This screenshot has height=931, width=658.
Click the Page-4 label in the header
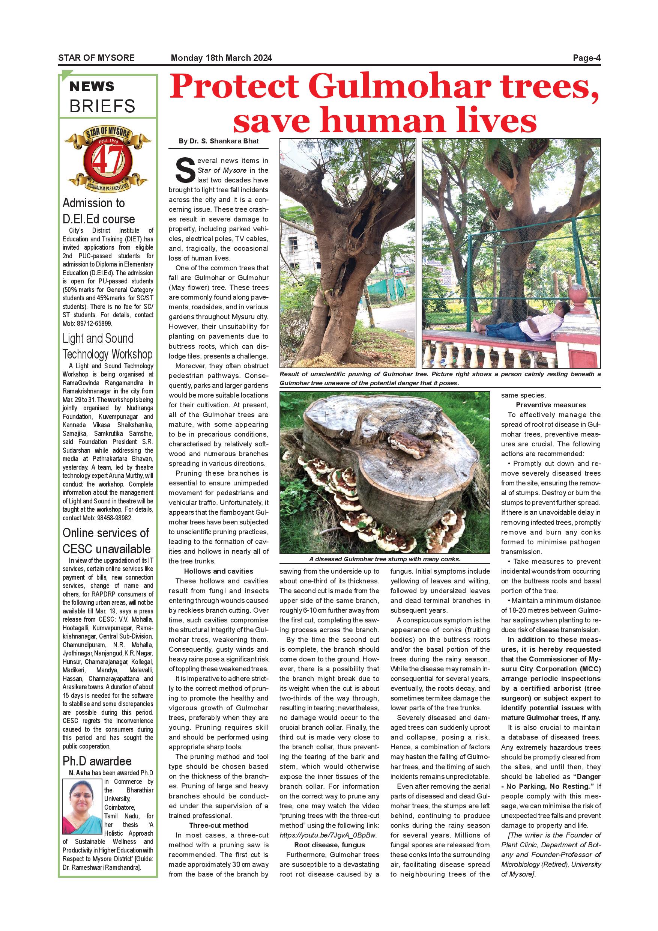(586, 58)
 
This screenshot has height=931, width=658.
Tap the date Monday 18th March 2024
(221, 58)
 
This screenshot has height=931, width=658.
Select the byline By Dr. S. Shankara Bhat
(218, 141)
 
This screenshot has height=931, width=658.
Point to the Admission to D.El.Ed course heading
(98, 211)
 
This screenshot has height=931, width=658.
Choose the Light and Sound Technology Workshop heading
(107, 346)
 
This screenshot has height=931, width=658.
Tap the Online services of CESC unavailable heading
(106, 541)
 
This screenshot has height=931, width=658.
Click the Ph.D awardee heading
(97, 761)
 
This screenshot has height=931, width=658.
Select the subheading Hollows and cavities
(218, 571)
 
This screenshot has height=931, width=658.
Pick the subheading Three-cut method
(218, 825)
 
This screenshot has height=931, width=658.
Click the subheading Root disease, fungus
(329, 845)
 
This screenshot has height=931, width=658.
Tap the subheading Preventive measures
(551, 405)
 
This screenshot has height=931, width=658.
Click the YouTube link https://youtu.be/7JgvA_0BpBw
(328, 835)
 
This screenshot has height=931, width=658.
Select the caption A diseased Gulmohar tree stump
(385, 559)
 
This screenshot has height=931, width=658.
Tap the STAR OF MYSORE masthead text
(96, 58)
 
